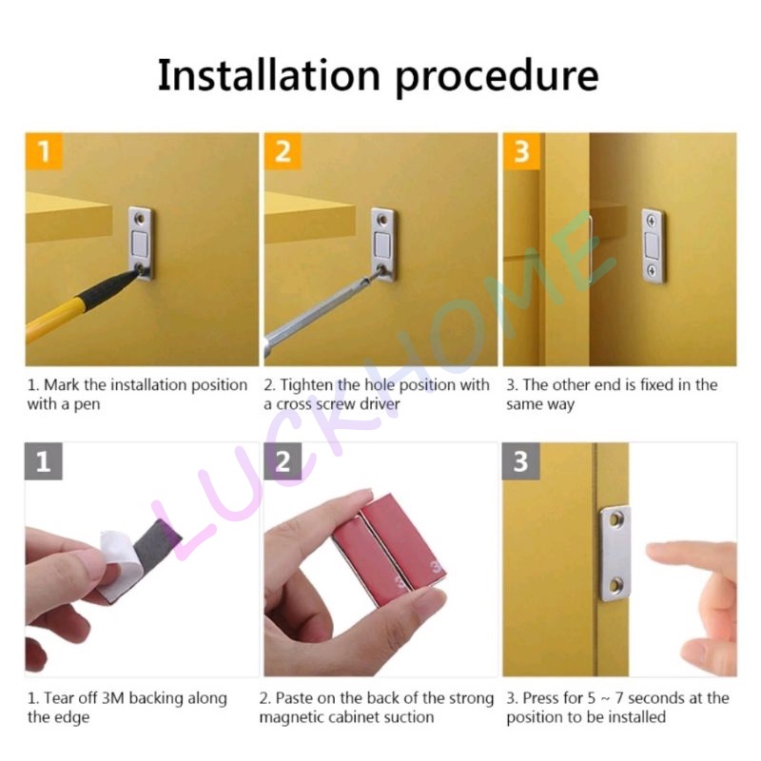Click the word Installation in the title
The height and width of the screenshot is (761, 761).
pyautogui.click(x=268, y=74)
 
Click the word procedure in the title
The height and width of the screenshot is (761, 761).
pyautogui.click(x=497, y=79)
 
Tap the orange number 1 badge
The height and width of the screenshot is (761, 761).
pyautogui.click(x=44, y=151)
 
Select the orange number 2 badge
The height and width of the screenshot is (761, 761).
pyautogui.click(x=283, y=151)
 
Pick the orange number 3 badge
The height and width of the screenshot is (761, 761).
pyautogui.click(x=521, y=151)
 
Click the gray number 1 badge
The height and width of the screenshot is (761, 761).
pyautogui.click(x=44, y=461)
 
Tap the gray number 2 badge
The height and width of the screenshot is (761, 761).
pyautogui.click(x=283, y=461)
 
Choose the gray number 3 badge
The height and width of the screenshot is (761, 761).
pyautogui.click(x=521, y=461)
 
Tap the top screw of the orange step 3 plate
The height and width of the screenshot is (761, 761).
pyautogui.click(x=652, y=222)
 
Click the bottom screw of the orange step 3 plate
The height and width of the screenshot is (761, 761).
pyautogui.click(x=652, y=270)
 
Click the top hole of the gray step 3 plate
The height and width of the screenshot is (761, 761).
pyautogui.click(x=616, y=519)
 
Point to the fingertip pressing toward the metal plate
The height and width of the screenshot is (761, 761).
pyautogui.click(x=653, y=552)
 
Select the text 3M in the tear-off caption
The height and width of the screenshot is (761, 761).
pyautogui.click(x=113, y=698)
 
